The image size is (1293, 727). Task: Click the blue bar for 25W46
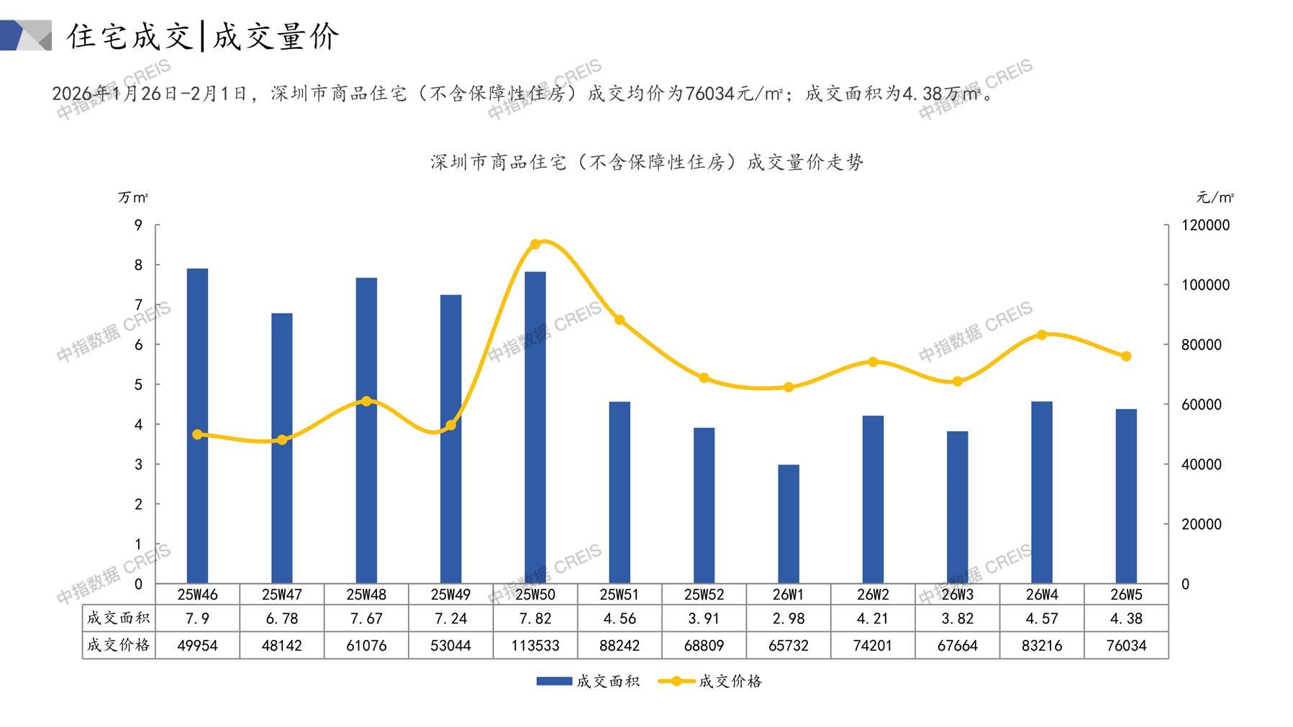[x=197, y=425]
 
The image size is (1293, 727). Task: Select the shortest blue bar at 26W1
[x=789, y=524]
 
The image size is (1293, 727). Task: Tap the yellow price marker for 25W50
[x=535, y=244]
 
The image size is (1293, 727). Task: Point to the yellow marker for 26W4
[x=1042, y=335]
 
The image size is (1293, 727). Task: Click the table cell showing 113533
[x=535, y=646]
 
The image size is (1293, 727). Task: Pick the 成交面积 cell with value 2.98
[x=789, y=618]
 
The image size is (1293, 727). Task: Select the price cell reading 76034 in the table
[x=1126, y=646]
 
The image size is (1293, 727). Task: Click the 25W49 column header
[x=450, y=595]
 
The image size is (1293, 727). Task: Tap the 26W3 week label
[x=958, y=595]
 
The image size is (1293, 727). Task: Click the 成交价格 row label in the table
[x=119, y=645]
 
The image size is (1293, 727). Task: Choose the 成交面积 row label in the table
[x=119, y=618]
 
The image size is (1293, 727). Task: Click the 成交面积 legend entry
[x=588, y=681]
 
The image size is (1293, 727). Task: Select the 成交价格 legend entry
[x=711, y=681]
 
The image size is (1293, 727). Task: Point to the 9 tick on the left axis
[x=139, y=225]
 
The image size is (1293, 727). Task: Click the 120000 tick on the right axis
[x=1206, y=225]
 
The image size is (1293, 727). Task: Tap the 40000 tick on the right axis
[x=1202, y=464]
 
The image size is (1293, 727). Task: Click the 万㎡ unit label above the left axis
[x=133, y=197]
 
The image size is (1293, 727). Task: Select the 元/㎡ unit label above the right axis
[x=1215, y=197]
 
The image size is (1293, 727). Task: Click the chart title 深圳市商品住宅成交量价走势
[x=646, y=163]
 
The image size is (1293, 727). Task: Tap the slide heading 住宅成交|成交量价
[x=203, y=36]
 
